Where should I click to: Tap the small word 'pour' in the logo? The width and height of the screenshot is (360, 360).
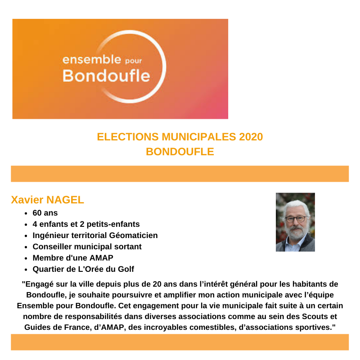(133, 61)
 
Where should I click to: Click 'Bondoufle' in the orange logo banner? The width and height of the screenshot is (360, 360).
(106, 75)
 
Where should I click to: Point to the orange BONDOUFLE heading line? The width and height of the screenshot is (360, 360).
(180, 152)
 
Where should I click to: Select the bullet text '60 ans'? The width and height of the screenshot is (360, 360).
(45, 213)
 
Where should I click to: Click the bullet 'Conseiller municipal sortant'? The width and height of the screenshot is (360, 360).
(87, 247)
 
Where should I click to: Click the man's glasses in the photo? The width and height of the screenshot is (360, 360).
(296, 219)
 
